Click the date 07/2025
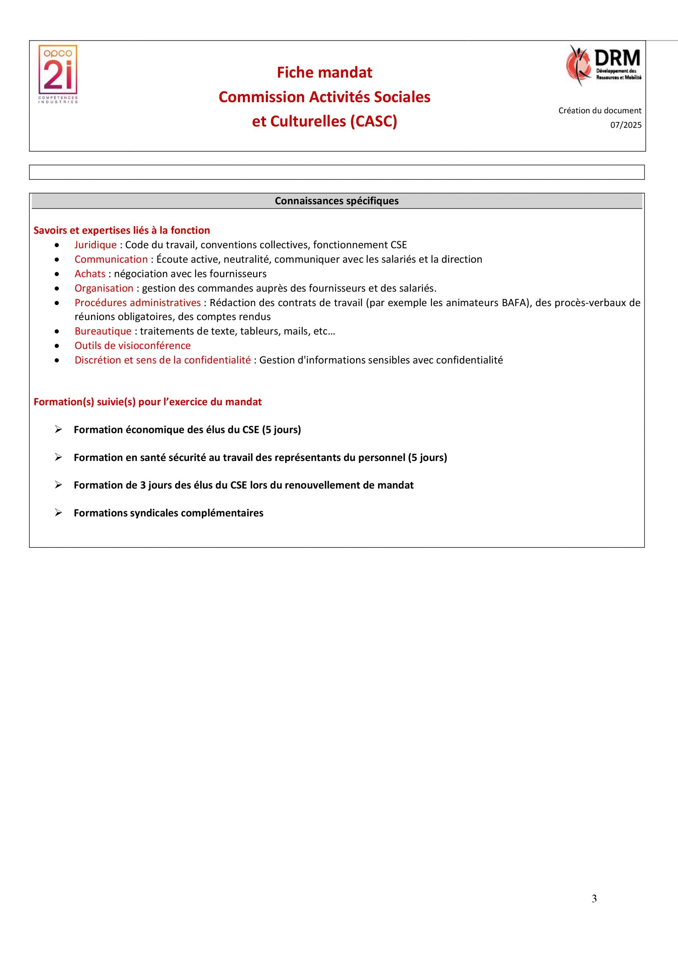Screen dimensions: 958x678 [x=625, y=125]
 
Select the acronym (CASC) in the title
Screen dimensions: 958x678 [x=373, y=121]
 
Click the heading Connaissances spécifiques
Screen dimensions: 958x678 [x=337, y=201]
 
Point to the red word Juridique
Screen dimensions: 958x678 [x=95, y=245]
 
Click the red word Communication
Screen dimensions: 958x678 [x=111, y=259]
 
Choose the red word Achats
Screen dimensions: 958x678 [x=90, y=274]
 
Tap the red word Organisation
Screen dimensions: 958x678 [x=104, y=288]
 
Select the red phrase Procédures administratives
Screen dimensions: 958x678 [x=137, y=302]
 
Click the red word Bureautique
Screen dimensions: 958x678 [x=103, y=331]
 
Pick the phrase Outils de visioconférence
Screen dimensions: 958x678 [x=133, y=345]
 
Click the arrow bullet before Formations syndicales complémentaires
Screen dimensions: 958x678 [x=58, y=512]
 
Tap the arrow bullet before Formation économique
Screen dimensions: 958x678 [x=58, y=429]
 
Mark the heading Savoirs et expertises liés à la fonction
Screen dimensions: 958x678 [x=122, y=230]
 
